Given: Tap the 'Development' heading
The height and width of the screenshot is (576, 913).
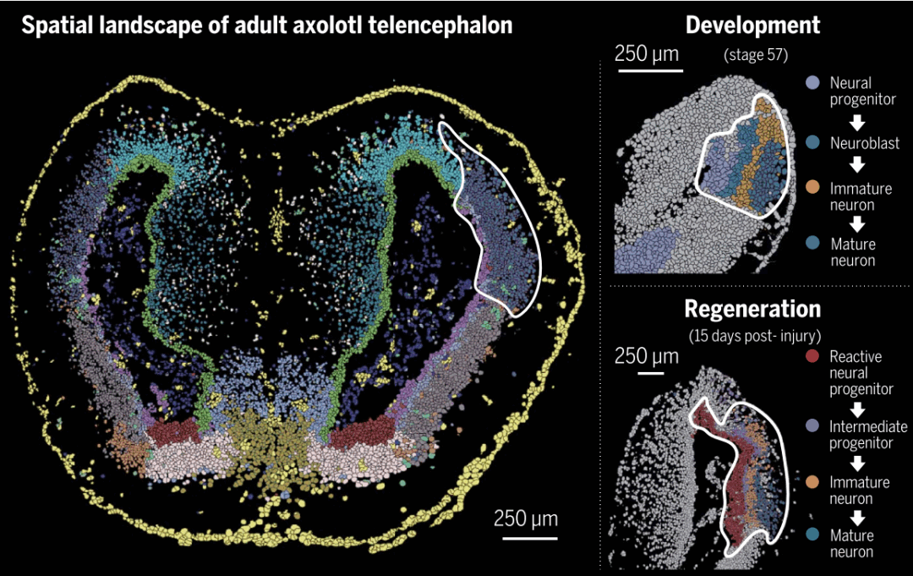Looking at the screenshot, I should click(752, 25).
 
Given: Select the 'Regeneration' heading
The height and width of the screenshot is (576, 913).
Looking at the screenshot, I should click(752, 308).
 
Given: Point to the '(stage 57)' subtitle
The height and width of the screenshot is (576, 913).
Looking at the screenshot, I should click(756, 56).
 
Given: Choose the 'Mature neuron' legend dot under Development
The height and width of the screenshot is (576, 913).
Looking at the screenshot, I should click(812, 244).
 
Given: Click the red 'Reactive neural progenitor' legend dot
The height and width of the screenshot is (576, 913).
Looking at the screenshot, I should click(812, 357).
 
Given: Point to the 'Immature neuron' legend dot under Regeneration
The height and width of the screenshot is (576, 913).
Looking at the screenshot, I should click(812, 483).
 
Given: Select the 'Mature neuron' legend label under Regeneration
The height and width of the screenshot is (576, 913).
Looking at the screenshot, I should click(852, 544).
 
